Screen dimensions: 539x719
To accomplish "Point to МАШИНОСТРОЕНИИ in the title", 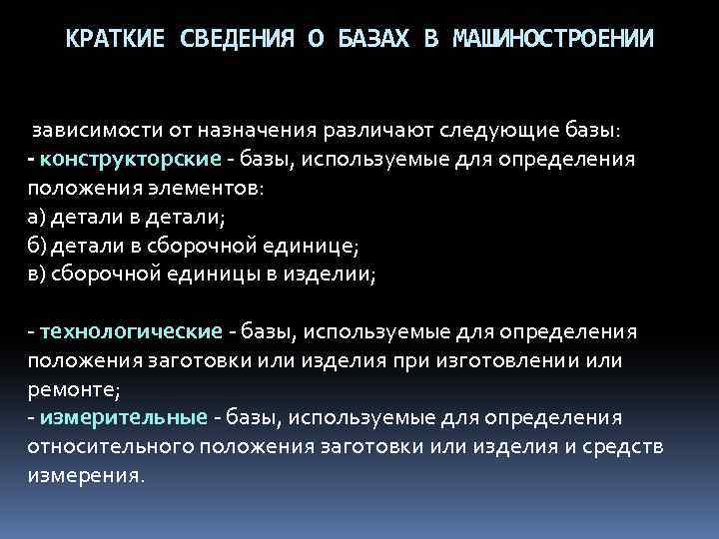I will click(554, 40).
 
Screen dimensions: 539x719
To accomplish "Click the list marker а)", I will click(38, 218).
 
